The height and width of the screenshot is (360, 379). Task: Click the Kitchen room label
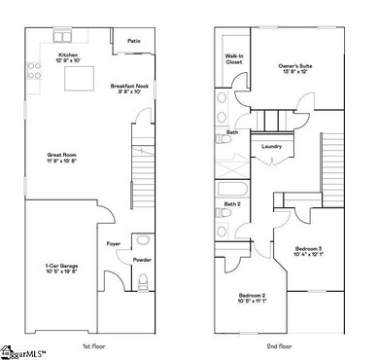click(67, 57)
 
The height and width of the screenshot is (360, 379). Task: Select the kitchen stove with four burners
click(33, 71)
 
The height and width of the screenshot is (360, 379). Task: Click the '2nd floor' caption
click(280, 345)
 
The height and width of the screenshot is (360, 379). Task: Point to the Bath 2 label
click(233, 203)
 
